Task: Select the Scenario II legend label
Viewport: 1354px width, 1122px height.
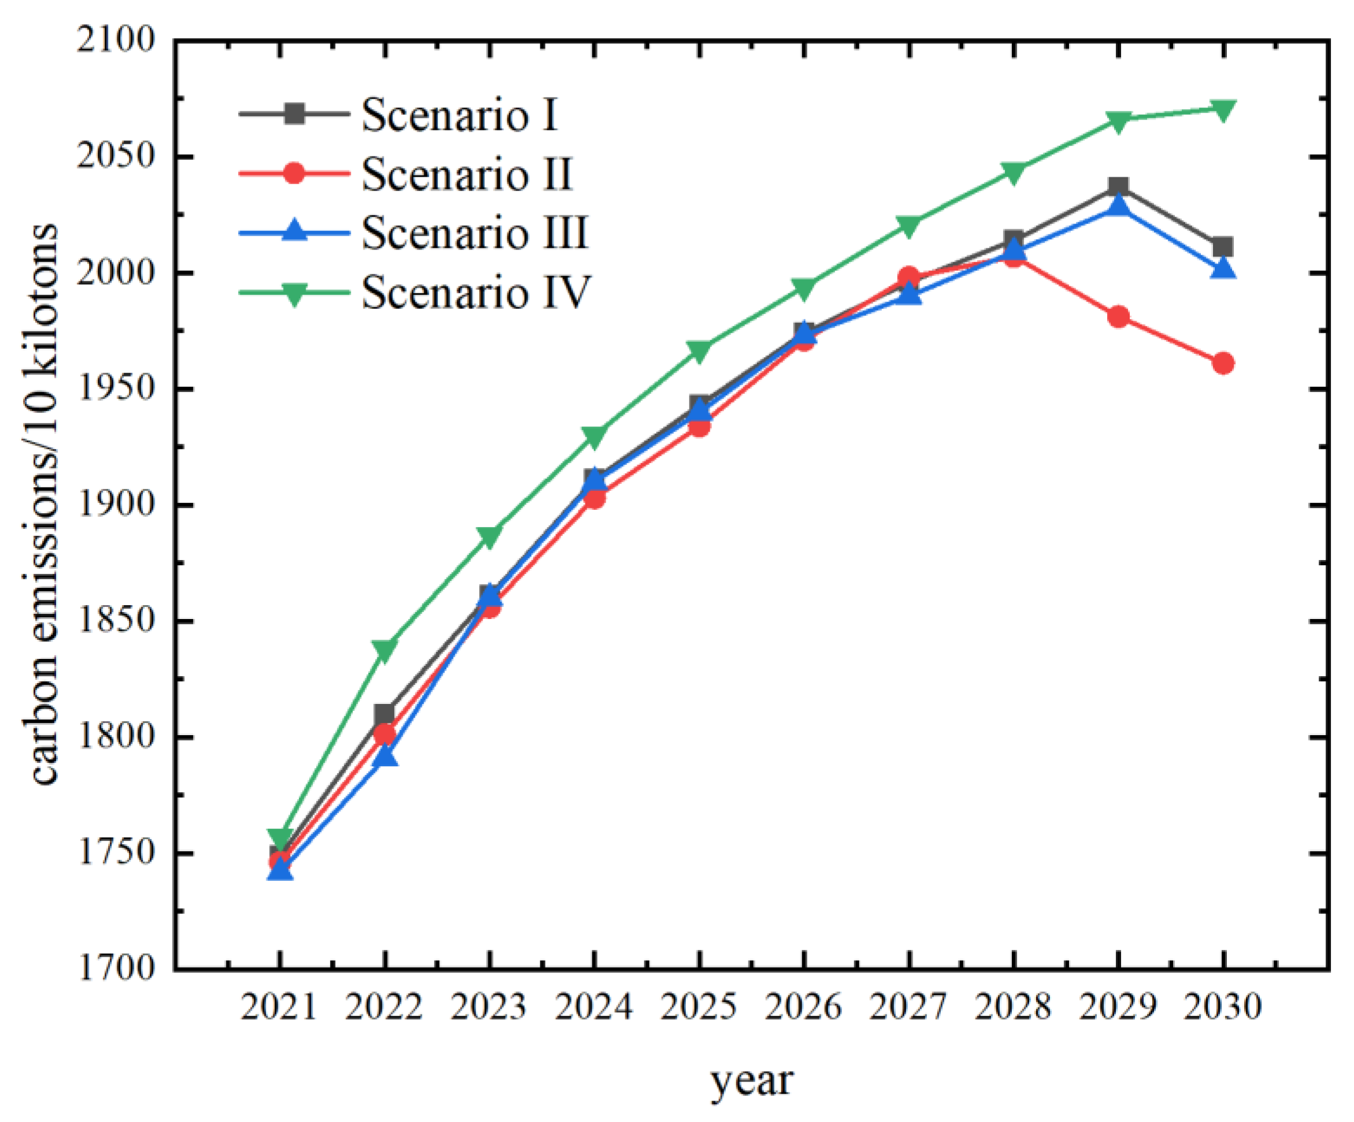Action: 466,174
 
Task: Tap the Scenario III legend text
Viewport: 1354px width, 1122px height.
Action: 474,233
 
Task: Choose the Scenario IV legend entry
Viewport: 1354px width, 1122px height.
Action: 476,292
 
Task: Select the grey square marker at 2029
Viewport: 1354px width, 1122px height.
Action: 1118,188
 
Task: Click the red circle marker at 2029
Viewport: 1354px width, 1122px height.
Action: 1118,316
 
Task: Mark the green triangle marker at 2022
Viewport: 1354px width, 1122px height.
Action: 384,650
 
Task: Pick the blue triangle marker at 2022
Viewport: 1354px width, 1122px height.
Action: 385,755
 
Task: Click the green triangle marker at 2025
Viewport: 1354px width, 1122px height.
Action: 699,351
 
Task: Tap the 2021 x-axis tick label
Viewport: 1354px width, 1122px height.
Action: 279,1007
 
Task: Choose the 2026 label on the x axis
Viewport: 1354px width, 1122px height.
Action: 803,1007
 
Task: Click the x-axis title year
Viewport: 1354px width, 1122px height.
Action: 752,1081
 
